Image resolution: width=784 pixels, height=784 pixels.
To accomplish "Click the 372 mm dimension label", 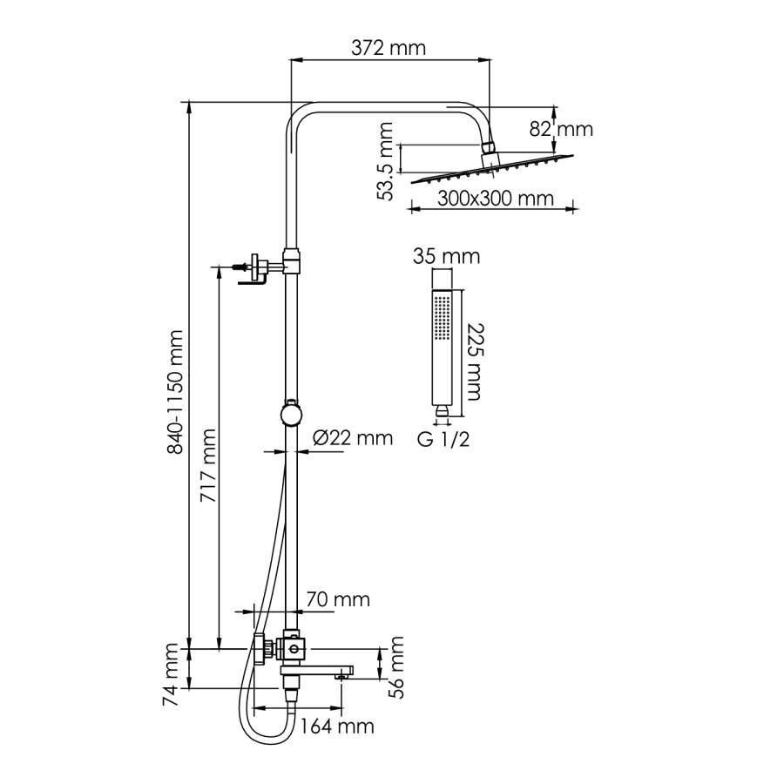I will [389, 48].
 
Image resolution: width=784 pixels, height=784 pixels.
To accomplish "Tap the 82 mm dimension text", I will [561, 129].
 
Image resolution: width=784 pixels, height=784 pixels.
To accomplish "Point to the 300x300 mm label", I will [495, 199].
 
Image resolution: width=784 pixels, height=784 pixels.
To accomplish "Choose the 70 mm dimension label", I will [338, 599].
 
